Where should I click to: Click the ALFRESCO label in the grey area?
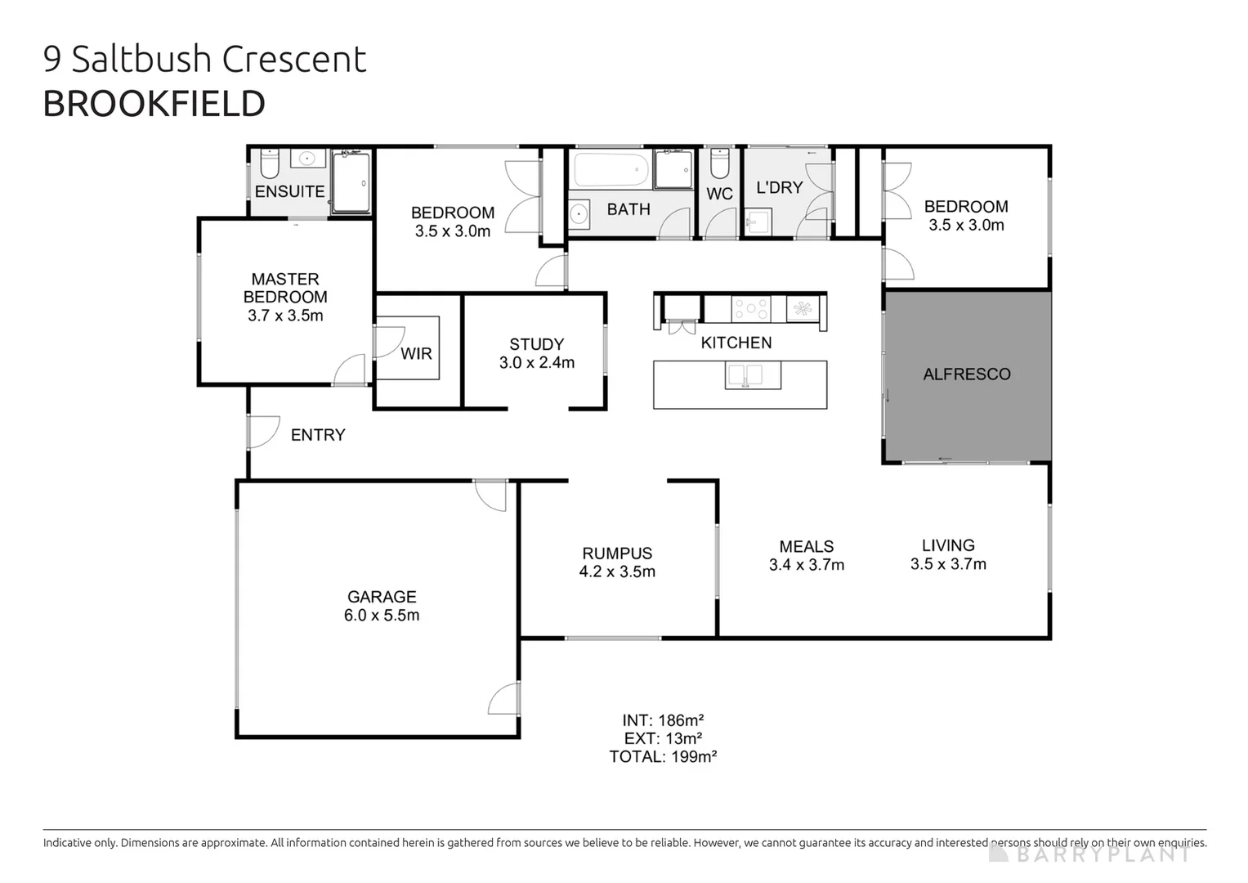[966, 374]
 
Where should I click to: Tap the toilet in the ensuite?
[270, 164]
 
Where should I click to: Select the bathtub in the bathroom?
[611, 171]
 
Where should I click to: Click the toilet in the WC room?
[719, 163]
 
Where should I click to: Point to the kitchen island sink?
[753, 375]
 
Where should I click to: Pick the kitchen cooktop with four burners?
[750, 309]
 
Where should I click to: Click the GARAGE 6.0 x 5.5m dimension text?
[382, 616]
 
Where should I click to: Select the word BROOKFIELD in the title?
[154, 104]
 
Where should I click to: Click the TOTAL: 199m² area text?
[663, 757]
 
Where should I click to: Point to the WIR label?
[416, 354]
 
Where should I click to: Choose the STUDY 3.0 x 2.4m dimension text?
[537, 362]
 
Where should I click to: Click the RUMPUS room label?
[617, 554]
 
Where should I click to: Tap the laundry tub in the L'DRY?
[758, 222]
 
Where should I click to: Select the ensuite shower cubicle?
[351, 182]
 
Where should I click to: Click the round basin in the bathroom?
[579, 215]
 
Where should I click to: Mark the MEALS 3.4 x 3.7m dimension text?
[806, 565]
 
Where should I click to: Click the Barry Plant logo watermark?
[1090, 854]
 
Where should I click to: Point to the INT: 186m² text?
[663, 720]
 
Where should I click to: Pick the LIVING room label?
[948, 545]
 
